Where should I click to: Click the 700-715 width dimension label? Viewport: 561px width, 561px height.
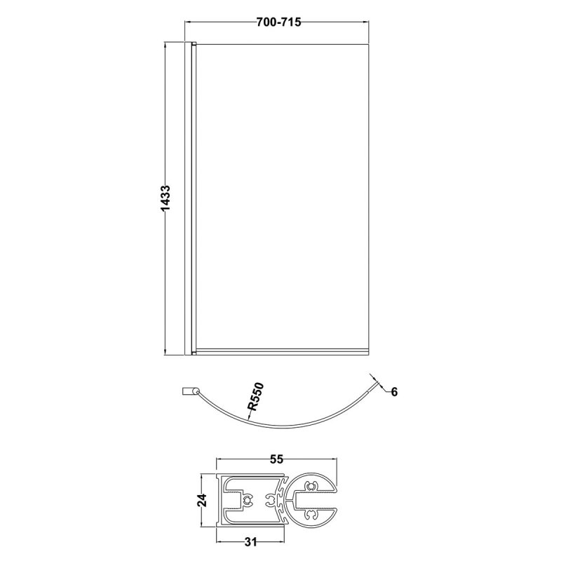(278, 22)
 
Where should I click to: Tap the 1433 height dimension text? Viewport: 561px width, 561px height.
(165, 198)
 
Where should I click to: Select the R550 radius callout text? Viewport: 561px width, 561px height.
(256, 396)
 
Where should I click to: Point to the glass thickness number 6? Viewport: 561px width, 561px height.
(394, 392)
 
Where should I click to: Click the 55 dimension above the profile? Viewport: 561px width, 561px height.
(276, 459)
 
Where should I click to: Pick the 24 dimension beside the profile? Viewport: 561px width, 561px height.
(202, 500)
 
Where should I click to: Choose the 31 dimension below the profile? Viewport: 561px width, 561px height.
(250, 542)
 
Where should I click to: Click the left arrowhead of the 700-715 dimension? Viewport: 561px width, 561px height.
(187, 22)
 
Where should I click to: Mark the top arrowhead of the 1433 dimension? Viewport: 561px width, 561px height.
(165, 47)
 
